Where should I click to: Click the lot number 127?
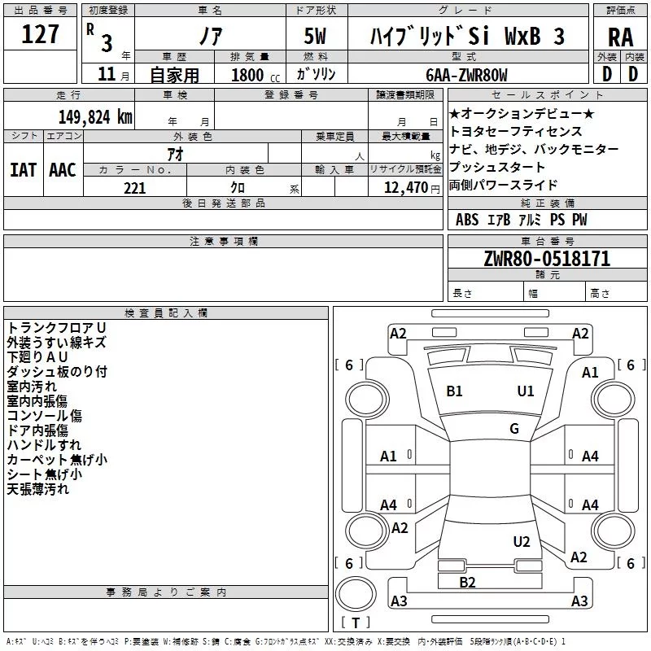[x=40, y=34]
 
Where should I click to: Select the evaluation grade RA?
[x=620, y=37]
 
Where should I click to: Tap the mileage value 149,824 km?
[x=95, y=117]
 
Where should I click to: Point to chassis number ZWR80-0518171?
[x=547, y=259]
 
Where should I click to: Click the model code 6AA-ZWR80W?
[x=466, y=75]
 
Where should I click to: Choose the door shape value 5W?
[x=315, y=36]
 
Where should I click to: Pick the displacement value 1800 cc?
[x=256, y=75]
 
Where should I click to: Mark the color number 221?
[x=135, y=188]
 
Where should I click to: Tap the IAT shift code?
[x=24, y=170]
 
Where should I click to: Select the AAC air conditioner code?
[x=63, y=170]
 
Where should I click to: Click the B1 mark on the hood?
[x=454, y=391]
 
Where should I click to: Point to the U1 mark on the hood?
[x=526, y=391]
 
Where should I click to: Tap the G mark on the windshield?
[x=514, y=428]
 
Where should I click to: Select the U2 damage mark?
[x=522, y=542]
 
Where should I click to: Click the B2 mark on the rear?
[x=467, y=583]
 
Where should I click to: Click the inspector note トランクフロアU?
[x=57, y=328]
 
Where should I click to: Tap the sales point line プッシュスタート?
[x=497, y=167]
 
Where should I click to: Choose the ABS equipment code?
[x=467, y=220]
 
